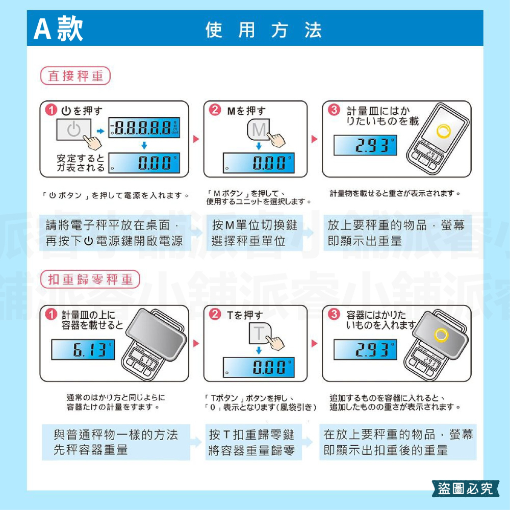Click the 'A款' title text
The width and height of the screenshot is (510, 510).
pos(58,30)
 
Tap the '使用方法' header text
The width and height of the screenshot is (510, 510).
pos(263,30)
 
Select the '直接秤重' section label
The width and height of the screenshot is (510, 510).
pos(75,76)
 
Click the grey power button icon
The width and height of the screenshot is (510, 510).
pos(74,130)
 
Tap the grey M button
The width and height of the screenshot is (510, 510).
pos(259,130)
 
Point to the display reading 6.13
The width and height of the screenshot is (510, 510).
pos(85,350)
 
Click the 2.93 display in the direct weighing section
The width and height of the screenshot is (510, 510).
pos(365,146)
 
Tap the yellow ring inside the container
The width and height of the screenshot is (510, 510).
pos(441,335)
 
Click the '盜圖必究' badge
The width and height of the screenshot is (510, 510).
pos(466,488)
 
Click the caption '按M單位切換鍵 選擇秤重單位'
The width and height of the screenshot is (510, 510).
pos(254,233)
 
